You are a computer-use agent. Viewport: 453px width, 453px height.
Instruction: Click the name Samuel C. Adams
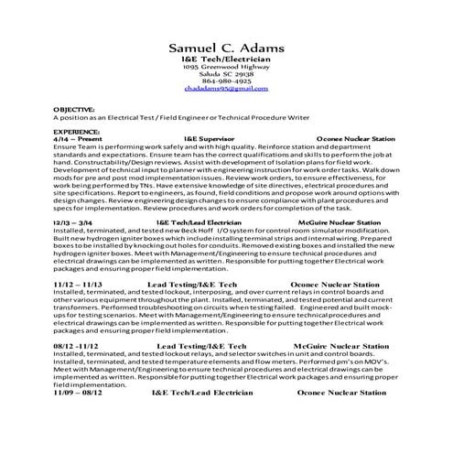coord(227,48)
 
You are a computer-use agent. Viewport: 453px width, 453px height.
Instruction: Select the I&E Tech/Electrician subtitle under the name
coord(227,59)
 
